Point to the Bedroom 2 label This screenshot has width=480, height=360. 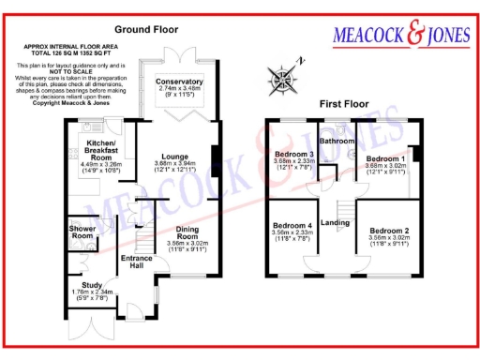click(x=389, y=230)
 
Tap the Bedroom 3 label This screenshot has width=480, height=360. click(x=294, y=154)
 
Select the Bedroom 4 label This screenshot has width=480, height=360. click(x=292, y=226)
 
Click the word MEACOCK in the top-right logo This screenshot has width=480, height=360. click(x=369, y=37)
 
